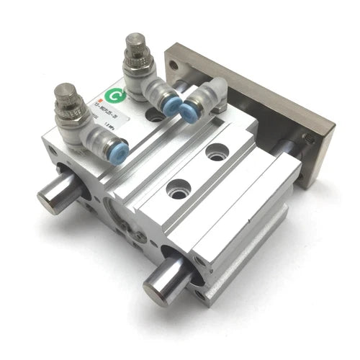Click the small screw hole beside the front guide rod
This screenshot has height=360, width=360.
[x=199, y=271]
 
